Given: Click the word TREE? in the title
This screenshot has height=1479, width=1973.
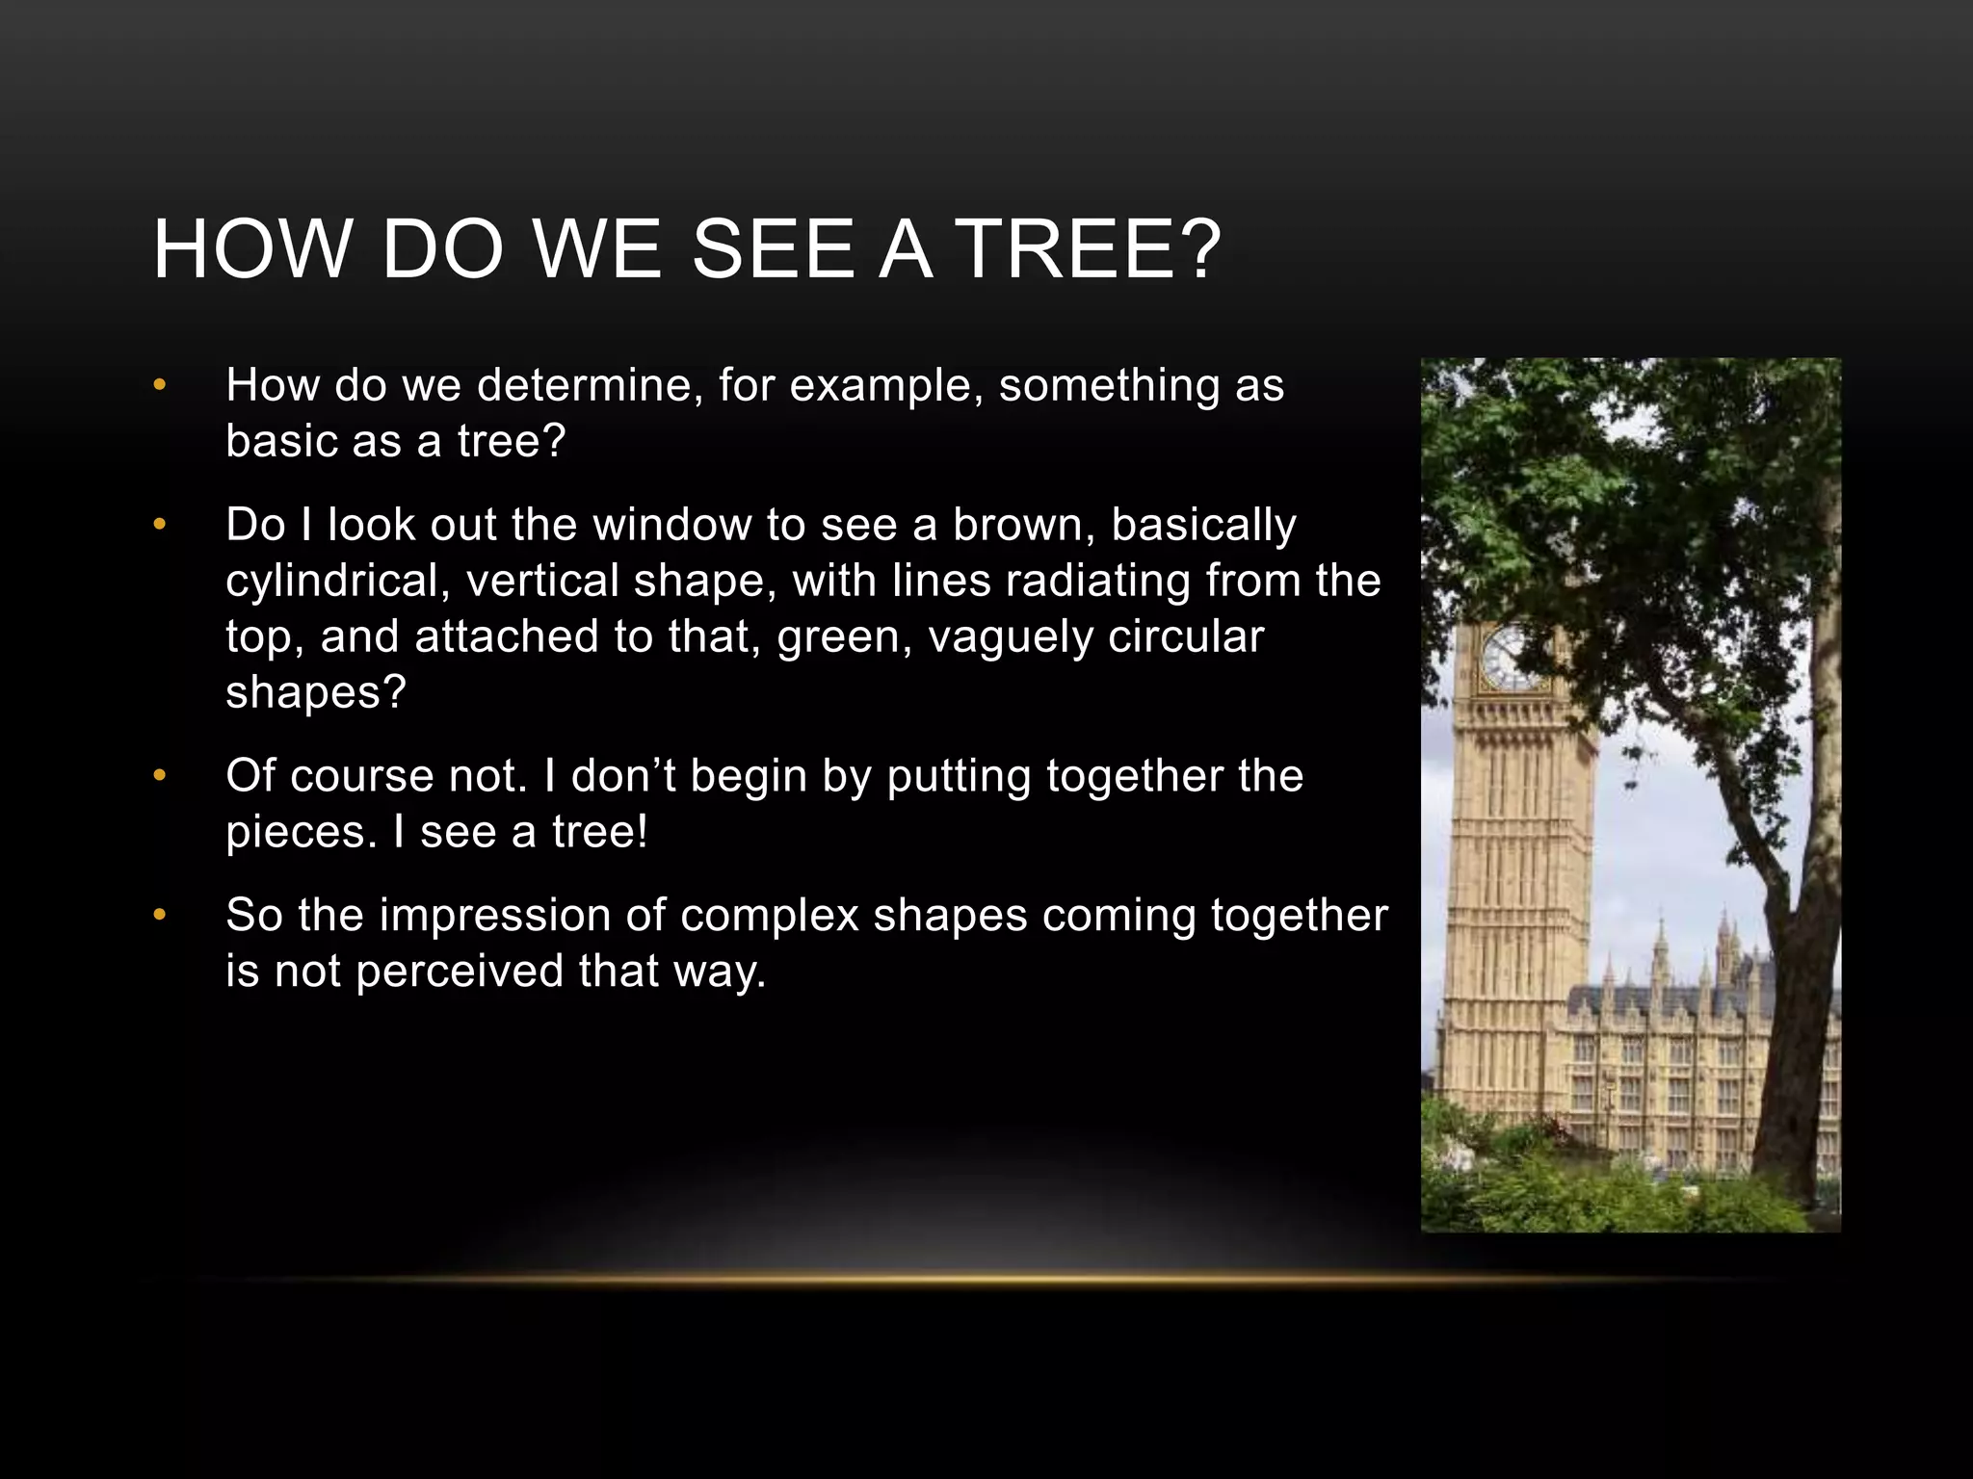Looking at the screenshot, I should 1091,249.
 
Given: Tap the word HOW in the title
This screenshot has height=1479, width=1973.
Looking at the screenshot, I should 252,249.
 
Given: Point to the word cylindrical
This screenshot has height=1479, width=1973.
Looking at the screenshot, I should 339,581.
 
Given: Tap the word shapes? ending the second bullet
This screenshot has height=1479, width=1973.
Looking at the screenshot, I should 316,692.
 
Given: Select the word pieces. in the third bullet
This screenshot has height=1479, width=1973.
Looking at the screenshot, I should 302,832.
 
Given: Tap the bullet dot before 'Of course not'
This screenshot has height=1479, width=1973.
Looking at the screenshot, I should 160,775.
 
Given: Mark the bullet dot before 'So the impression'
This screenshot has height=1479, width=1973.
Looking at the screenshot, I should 160,915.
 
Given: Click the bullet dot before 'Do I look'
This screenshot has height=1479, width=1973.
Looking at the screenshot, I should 160,525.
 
